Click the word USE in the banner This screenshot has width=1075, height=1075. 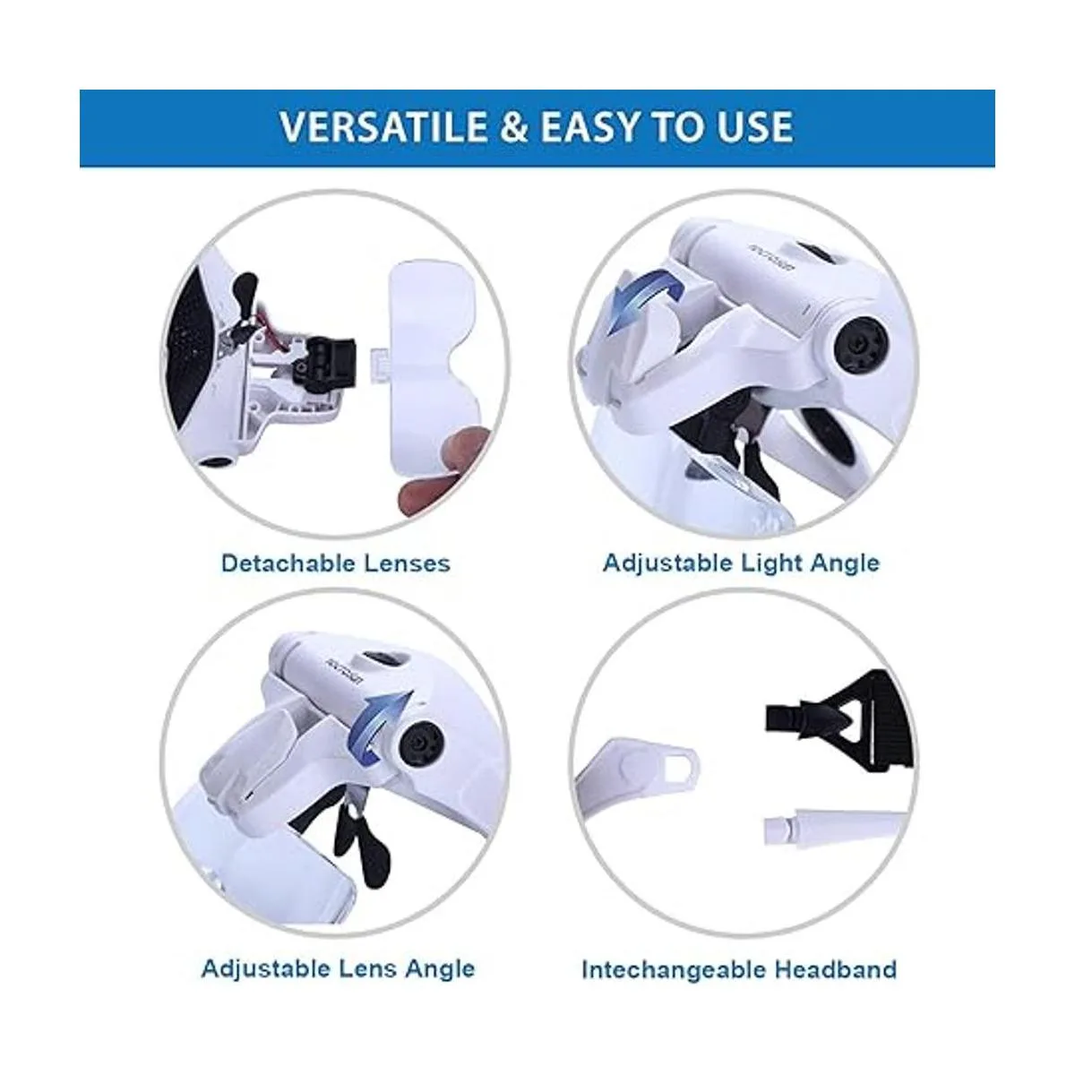tap(754, 126)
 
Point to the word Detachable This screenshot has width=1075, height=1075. tap(288, 563)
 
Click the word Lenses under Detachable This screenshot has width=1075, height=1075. tap(408, 563)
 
